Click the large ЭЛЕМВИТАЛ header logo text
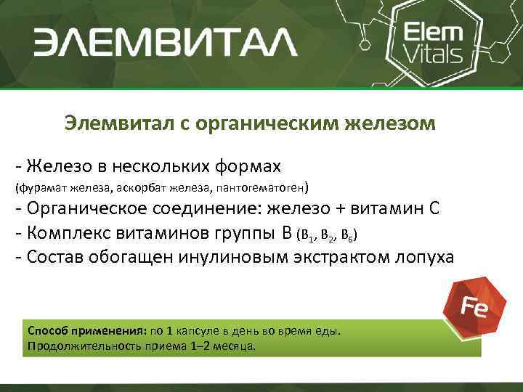(x=165, y=42)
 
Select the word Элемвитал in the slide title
(x=115, y=123)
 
